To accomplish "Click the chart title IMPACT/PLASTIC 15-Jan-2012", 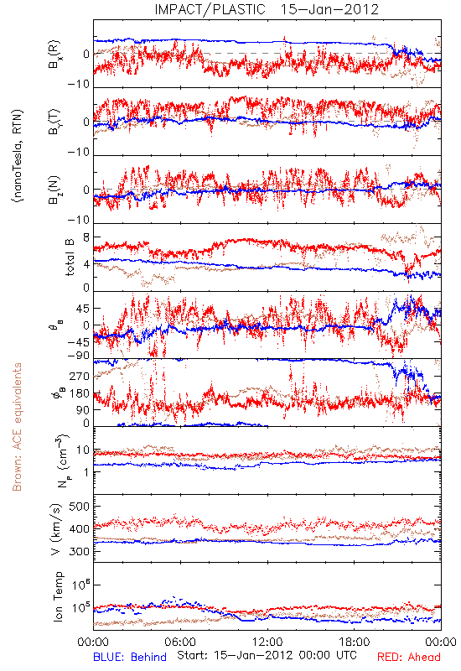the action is (x=267, y=9).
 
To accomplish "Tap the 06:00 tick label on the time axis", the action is (x=180, y=642).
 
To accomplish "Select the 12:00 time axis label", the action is (x=267, y=642).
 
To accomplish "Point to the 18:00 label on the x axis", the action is (x=355, y=642).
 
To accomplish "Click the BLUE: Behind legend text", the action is (x=130, y=657).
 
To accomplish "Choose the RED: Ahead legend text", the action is (x=409, y=657).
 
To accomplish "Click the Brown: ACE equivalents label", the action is (x=17, y=427).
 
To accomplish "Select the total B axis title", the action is (x=70, y=257).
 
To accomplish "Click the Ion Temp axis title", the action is (x=58, y=596).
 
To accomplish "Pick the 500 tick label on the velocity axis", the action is (x=79, y=507).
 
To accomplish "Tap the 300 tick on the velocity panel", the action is (x=79, y=551).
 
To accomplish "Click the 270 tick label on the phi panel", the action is (x=80, y=377).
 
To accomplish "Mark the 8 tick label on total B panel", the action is (x=86, y=238).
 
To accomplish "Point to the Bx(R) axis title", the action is (x=54, y=55).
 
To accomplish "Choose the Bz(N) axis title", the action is (x=54, y=190).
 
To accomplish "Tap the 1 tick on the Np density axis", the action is (x=87, y=472).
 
